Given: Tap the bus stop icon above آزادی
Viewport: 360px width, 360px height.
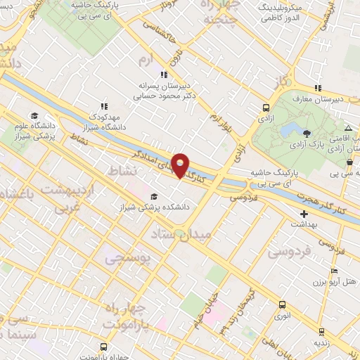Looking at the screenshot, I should pos(266,108).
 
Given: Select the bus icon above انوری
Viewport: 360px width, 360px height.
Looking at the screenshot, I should pos(282,304).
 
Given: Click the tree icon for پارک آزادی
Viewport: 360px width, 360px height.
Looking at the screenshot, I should pos(305,133).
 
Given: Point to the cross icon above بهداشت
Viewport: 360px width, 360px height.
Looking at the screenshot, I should pos(304,214).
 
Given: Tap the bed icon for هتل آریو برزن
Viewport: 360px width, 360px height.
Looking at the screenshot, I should pos(334,271).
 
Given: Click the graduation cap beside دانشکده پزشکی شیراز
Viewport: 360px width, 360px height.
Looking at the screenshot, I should pos(154,196).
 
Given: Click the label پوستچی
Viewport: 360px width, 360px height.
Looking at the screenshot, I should pos(127,260).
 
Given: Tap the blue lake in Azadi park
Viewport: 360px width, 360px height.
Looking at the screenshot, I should pos(289,131).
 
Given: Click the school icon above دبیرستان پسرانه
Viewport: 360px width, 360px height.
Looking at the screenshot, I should pos(164,75).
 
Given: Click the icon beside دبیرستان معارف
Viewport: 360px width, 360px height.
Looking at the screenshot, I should pos(318,88).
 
